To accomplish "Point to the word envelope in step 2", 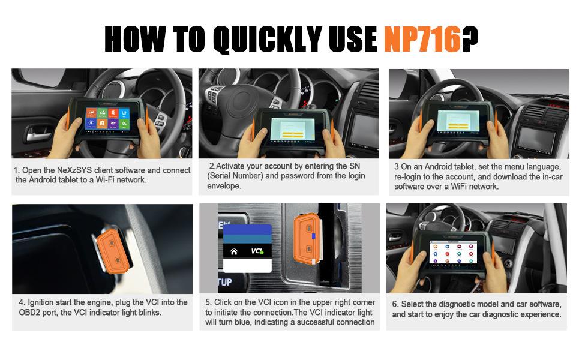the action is click(224, 187).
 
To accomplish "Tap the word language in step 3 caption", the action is click(543, 167).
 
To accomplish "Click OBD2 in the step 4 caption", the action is click(29, 313).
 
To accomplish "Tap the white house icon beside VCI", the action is click(234, 251).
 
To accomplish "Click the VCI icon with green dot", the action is click(257, 251).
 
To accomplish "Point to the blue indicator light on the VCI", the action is click(314, 236).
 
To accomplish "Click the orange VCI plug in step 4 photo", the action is click(113, 250).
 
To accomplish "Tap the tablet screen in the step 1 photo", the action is click(107, 118).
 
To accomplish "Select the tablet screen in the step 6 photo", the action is click(453, 252).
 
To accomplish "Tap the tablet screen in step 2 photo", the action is click(292, 128).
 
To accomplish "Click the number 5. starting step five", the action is click(208, 302).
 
